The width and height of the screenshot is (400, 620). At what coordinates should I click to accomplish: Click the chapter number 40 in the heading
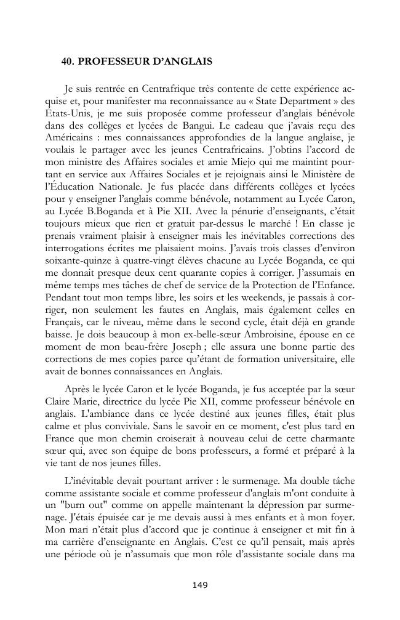(67, 62)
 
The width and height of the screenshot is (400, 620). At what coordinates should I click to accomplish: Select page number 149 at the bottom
(200, 585)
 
